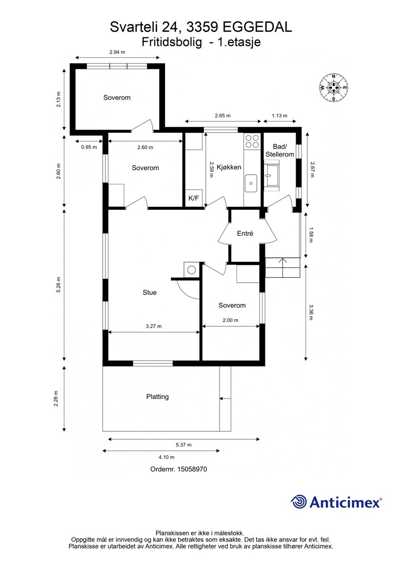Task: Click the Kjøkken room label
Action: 228,167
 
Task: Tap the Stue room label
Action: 149,293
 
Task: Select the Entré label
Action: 245,233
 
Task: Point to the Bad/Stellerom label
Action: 280,151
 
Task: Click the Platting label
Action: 157,397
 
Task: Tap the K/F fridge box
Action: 193,198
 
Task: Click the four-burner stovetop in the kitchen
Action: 252,142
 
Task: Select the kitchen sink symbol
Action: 251,183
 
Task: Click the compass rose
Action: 333,88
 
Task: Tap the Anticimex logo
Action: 336,502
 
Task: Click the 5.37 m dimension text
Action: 184,445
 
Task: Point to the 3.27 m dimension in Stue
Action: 154,326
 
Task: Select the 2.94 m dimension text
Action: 117,52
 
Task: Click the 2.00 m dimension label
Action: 230,320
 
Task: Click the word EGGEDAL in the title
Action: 257,27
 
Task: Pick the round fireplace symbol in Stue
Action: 192,270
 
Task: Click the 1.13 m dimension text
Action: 280,116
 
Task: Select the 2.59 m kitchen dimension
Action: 211,169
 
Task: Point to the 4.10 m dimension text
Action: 166,457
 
